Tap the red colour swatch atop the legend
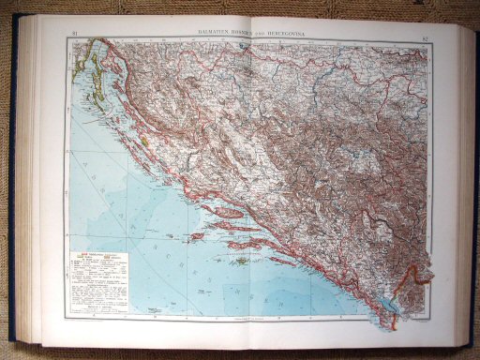tap(85, 252)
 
